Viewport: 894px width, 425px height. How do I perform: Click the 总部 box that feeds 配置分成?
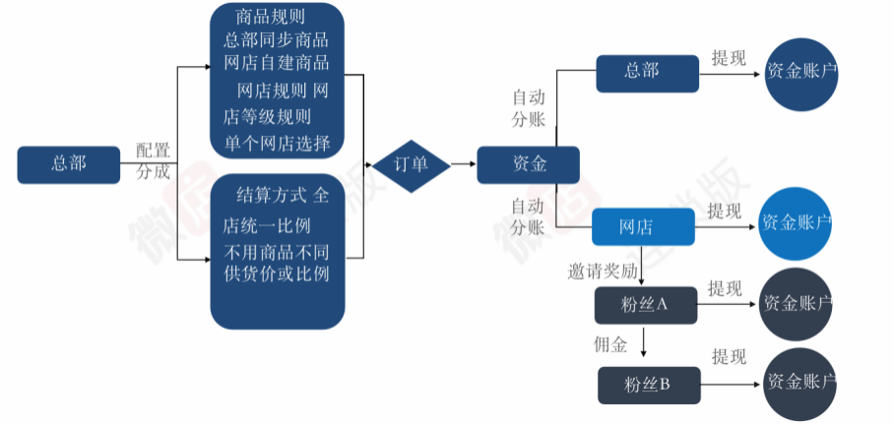pos(68,164)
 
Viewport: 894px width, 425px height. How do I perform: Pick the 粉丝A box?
pos(646,305)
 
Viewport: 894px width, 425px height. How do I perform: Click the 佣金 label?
pos(610,345)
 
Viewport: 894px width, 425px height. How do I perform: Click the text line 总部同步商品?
pos(277,41)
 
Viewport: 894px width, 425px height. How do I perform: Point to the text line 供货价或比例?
pos(277,273)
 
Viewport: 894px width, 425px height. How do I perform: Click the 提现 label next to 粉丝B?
pos(730,356)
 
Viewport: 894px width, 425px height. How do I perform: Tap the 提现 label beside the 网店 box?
pos(726,211)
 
